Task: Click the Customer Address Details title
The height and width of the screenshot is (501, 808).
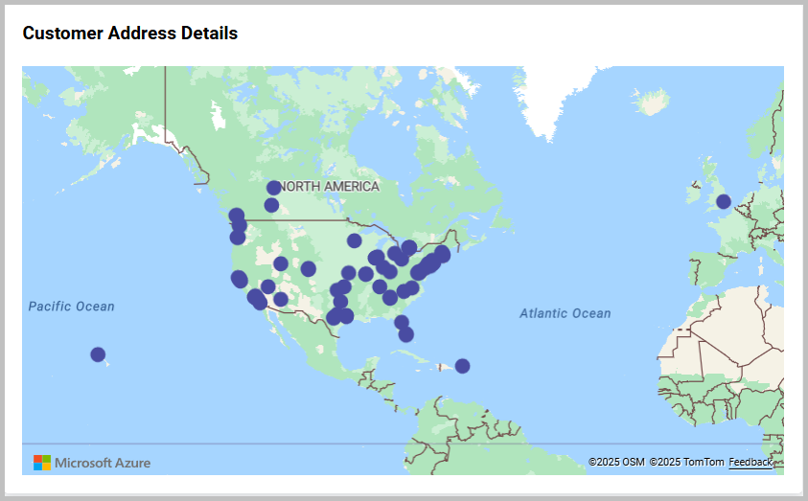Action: click(x=129, y=34)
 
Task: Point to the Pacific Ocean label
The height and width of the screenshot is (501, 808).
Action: click(x=71, y=307)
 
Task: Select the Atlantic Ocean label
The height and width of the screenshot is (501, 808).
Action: click(x=565, y=313)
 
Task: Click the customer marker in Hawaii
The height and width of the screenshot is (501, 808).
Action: click(x=98, y=354)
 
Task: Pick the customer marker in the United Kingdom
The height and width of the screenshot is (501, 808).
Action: click(x=724, y=201)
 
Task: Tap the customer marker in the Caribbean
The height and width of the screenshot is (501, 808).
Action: click(x=462, y=366)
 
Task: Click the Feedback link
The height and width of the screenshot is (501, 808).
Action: click(x=750, y=463)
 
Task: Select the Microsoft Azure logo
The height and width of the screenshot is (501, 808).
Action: click(x=92, y=463)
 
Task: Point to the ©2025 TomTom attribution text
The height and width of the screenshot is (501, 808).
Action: click(x=686, y=463)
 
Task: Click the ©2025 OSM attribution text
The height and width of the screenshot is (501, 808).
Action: click(x=616, y=463)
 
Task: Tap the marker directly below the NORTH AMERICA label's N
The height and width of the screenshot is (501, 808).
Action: click(x=271, y=205)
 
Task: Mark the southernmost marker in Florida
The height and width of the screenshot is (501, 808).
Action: click(x=406, y=334)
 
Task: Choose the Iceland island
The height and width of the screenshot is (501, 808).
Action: click(x=652, y=101)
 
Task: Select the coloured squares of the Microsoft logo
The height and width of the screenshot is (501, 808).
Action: click(x=42, y=463)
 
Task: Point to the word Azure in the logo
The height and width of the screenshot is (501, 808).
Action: click(x=131, y=463)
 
